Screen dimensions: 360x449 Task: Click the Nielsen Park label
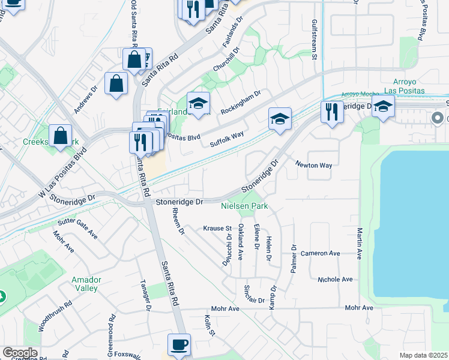[x=244, y=206]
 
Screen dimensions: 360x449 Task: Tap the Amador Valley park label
[x=85, y=284]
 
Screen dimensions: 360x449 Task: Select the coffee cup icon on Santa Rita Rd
[x=179, y=345]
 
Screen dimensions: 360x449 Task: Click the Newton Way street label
[x=313, y=165]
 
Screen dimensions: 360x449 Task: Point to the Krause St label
[x=217, y=229]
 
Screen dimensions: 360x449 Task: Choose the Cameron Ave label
[x=321, y=253]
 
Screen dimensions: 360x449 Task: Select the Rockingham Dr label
[x=241, y=103]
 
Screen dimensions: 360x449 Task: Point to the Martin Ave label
[x=359, y=243]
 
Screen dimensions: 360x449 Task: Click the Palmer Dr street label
[x=294, y=259]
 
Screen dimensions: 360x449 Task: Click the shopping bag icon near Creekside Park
[x=61, y=136]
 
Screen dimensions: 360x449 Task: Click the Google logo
[x=20, y=353]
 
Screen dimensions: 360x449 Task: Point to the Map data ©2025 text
[x=423, y=355]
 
